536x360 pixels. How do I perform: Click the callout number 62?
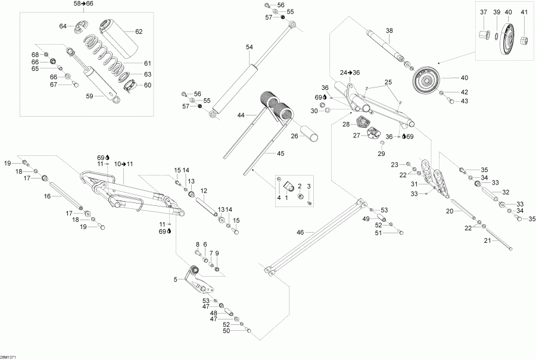tap(139, 32)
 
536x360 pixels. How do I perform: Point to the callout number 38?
tap(389, 31)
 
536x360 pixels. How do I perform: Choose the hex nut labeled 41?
tap(524, 41)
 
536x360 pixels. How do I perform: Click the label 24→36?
tap(351, 73)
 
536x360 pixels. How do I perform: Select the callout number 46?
tap(300, 232)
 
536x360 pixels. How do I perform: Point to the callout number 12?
tap(203, 190)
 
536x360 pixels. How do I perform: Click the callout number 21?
tap(487, 240)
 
